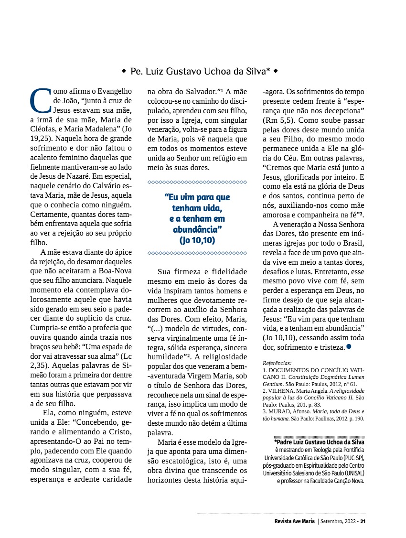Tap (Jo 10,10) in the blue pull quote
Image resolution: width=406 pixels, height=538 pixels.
tap(197, 240)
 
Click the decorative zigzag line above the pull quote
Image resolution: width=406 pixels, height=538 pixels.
tap(197, 182)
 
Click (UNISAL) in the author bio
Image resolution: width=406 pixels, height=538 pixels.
tap(350, 472)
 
